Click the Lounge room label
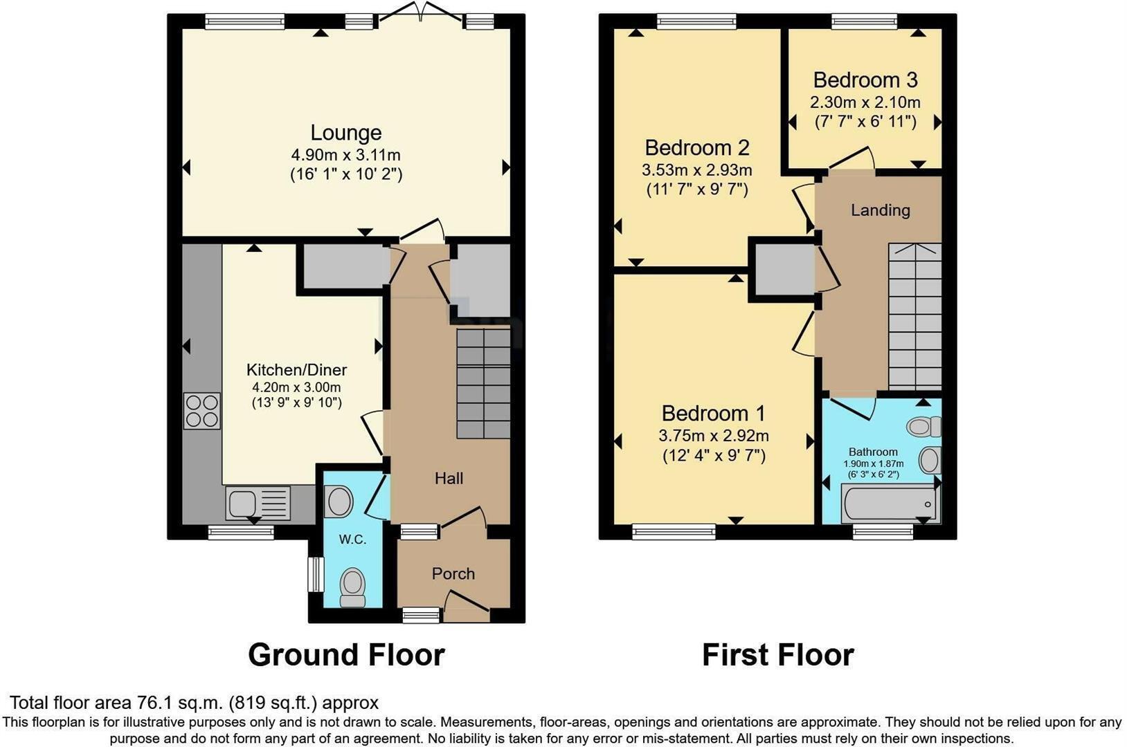click(345, 133)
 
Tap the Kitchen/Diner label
click(296, 370)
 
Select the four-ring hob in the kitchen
click(201, 411)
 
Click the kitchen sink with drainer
click(258, 502)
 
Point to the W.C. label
click(352, 539)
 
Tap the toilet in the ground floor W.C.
click(352, 588)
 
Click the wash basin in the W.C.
click(339, 501)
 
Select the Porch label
click(453, 573)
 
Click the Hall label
click(449, 478)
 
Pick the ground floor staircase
click(483, 383)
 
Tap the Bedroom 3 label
click(865, 80)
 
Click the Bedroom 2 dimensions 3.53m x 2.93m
click(697, 170)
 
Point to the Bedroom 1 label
click(713, 413)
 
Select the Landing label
click(881, 210)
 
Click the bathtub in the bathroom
click(890, 504)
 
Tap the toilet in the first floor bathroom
click(923, 427)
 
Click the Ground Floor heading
click(346, 655)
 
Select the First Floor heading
click(778, 655)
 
